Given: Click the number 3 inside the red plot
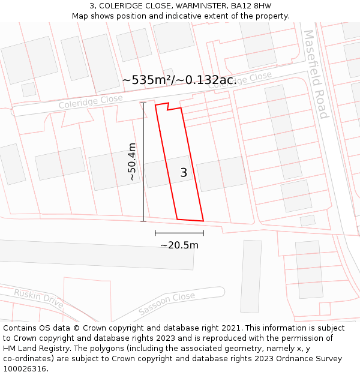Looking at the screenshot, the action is point(184,173).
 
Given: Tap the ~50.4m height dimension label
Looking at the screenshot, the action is point(133,161).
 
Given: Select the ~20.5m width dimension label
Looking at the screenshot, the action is point(179,245).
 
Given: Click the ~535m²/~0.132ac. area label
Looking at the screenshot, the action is point(179,80).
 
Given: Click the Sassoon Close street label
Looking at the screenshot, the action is point(166,304).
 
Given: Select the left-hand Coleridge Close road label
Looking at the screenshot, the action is point(91,102).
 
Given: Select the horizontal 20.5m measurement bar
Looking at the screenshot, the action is point(179,233).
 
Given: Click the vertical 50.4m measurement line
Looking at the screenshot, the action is point(143,161).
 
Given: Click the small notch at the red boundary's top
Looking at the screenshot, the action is point(168,107).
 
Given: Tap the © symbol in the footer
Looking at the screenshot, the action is point(77,328).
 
